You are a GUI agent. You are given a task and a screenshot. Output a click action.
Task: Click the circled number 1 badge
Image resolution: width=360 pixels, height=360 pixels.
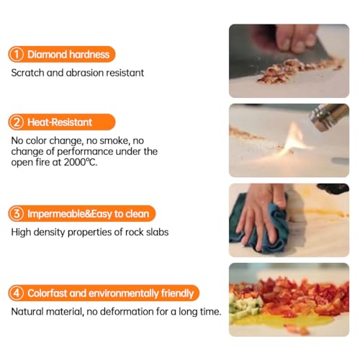point(17,54)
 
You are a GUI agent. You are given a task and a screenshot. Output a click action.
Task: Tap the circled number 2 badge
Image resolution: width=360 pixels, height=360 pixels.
point(17,122)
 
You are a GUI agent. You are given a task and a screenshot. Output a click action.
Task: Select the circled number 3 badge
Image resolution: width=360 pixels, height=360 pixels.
point(17,214)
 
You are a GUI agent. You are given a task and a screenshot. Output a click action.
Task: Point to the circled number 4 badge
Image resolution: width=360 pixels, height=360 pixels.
point(17,293)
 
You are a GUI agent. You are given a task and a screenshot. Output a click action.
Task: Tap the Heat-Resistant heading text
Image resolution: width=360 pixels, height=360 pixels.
point(60,122)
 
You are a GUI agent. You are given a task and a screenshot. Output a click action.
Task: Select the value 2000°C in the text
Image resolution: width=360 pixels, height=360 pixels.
point(81,162)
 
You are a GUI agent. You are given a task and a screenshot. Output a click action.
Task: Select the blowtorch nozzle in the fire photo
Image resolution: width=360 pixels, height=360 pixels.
point(329,117)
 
